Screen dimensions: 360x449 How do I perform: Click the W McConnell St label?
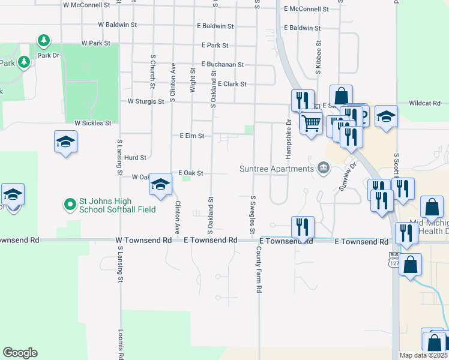[87, 4]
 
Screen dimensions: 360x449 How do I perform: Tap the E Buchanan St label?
[223, 64]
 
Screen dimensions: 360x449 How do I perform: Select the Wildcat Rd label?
[425, 103]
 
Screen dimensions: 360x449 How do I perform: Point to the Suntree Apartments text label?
[277, 169]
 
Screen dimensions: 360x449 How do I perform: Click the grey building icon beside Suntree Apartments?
[324, 167]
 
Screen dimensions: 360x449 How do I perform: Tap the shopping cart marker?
[311, 123]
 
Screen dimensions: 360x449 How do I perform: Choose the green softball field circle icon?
[71, 205]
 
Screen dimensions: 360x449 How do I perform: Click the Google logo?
[20, 353]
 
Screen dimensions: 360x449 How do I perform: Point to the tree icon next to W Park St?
[43, 41]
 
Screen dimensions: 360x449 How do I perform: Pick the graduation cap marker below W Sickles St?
[65, 142]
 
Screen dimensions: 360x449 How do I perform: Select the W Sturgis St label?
[146, 102]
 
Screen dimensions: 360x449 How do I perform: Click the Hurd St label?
[135, 158]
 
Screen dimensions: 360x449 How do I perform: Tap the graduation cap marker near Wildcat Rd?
[387, 116]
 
